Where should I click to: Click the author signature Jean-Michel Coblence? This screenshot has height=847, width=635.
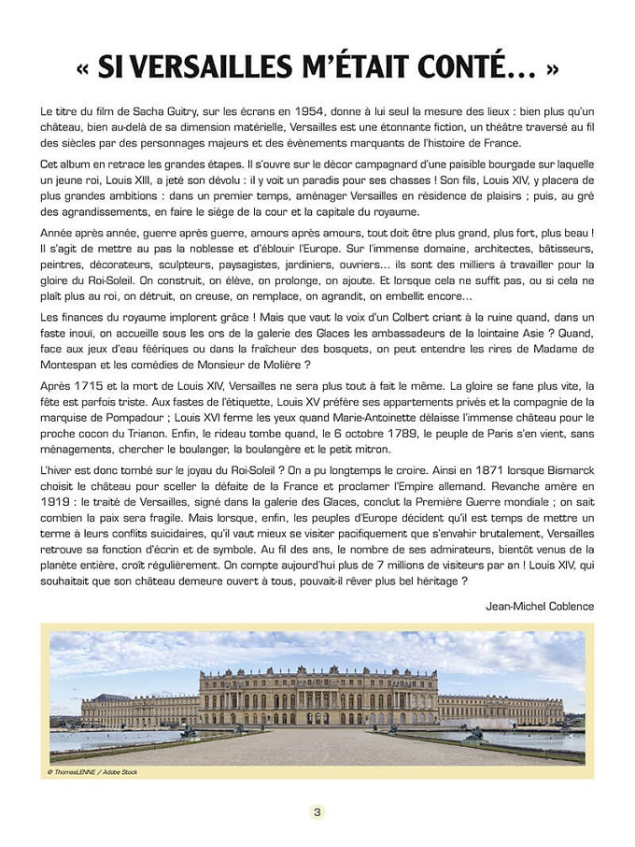coord(539,606)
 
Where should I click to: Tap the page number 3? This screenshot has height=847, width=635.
coord(317,811)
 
